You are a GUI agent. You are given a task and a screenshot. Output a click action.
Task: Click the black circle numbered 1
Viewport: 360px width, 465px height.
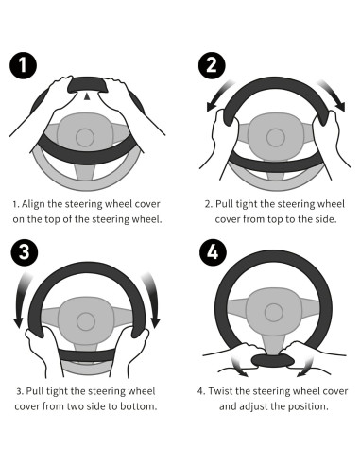click(23, 65)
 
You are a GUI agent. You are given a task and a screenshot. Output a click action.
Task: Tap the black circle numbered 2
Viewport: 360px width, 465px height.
click(212, 65)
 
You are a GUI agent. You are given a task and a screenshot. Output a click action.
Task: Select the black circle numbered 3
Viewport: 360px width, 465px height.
click(25, 252)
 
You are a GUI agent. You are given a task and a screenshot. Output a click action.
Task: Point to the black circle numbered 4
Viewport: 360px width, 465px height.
click(214, 252)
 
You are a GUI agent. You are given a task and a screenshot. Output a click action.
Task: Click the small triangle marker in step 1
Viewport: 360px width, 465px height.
click(87, 97)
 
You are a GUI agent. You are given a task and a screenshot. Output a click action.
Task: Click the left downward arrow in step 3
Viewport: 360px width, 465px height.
click(21, 300)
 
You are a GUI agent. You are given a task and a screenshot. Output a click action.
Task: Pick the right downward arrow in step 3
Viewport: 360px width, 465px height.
click(152, 300)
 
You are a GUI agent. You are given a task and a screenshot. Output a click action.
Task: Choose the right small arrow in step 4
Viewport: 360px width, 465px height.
click(305, 367)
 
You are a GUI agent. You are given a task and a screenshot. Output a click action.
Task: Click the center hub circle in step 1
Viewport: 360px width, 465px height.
click(85, 137)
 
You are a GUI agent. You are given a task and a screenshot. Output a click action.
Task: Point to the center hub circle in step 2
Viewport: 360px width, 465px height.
click(276, 138)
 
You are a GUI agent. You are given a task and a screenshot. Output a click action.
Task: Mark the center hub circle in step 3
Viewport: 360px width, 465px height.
click(86, 321)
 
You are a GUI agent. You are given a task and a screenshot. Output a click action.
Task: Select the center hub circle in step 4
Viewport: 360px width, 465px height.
click(274, 313)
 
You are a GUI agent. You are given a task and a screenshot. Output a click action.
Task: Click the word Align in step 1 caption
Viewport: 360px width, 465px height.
click(33, 204)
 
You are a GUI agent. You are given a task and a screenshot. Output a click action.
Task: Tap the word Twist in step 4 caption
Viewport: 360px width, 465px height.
click(220, 391)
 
